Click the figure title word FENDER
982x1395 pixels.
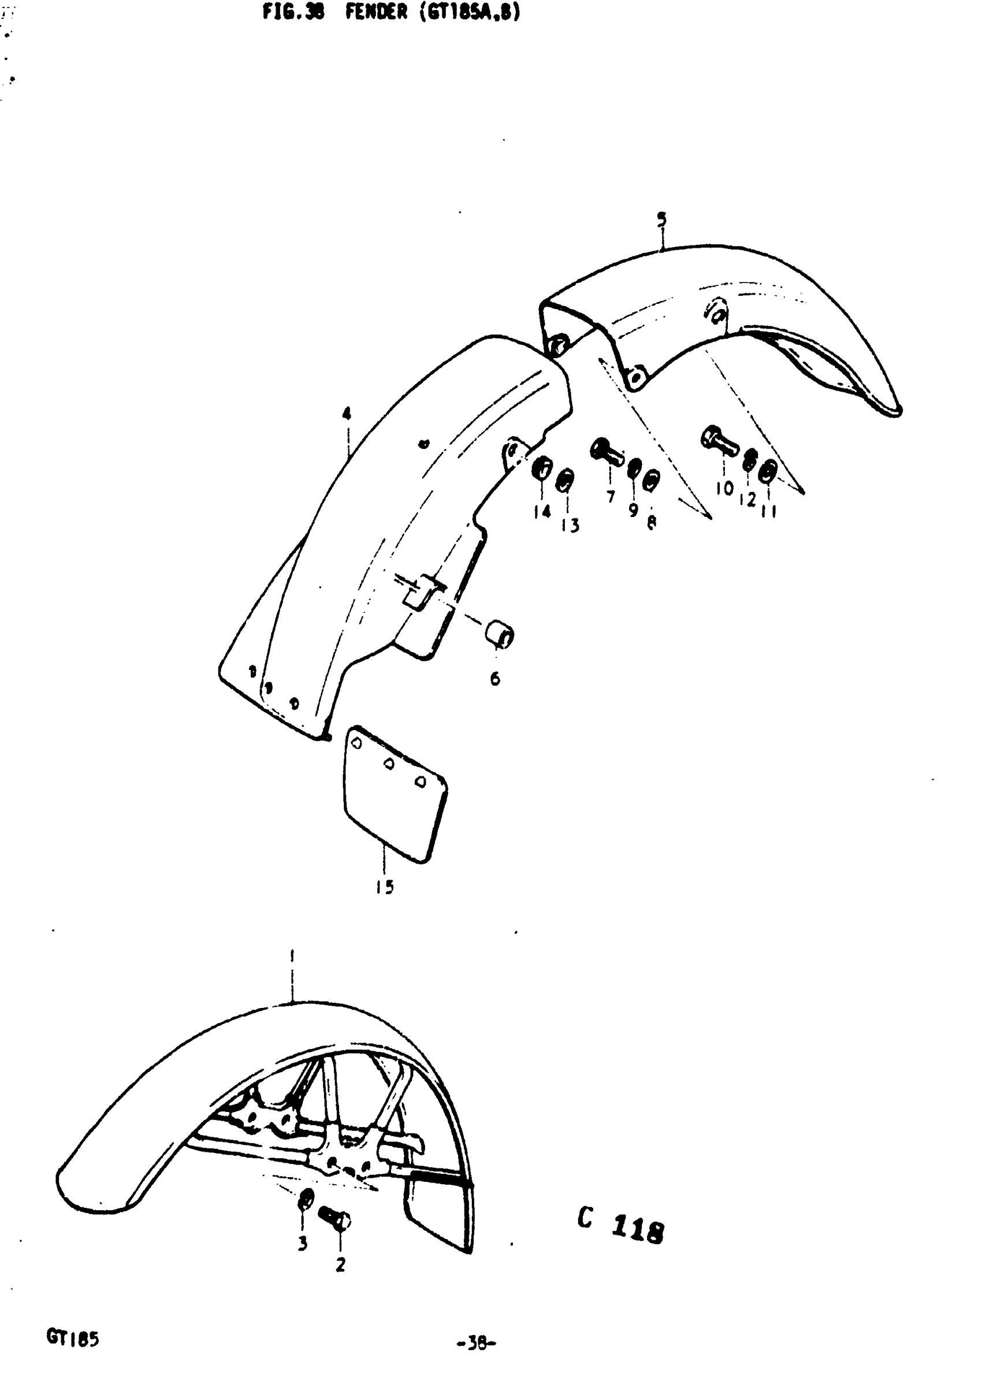(376, 12)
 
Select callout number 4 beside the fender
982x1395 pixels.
(347, 414)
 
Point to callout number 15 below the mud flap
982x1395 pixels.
(385, 888)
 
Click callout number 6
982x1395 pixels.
(495, 679)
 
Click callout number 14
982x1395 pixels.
(542, 512)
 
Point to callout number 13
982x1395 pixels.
(570, 525)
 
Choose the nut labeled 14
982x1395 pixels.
(541, 469)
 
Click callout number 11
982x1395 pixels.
(769, 512)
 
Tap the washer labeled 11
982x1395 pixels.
(768, 471)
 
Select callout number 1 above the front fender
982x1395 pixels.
(292, 957)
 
